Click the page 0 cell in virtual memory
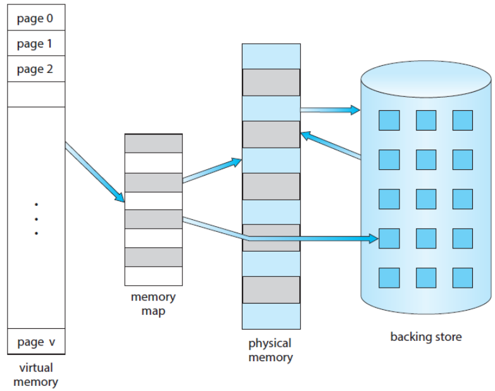(x=36, y=18)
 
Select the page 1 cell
(x=36, y=44)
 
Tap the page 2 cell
(x=36, y=69)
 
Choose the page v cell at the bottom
(x=36, y=342)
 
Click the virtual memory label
(x=35, y=375)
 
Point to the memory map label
(x=153, y=304)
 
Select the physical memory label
(x=270, y=350)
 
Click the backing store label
(x=425, y=337)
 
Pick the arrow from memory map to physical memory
(x=211, y=171)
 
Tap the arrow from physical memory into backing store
(x=329, y=110)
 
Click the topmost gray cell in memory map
(x=153, y=143)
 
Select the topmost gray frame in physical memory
(x=271, y=82)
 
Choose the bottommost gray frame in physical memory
(x=271, y=290)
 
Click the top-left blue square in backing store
(x=389, y=120)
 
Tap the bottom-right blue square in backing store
(x=462, y=278)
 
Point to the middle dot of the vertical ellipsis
(x=36, y=219)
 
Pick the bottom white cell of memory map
(x=153, y=276)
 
